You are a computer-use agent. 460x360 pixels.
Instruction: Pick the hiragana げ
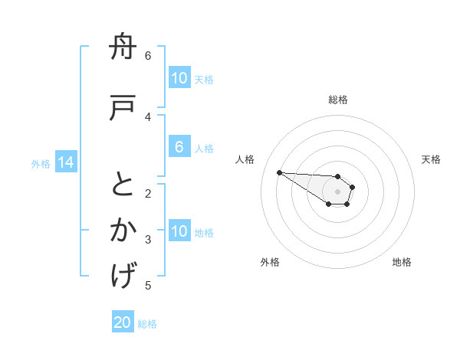point(123,274)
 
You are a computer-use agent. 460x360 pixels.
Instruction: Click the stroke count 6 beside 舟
point(148,56)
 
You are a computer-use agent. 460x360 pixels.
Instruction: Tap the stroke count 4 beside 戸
point(148,116)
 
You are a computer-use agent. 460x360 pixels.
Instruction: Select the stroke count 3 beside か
point(148,240)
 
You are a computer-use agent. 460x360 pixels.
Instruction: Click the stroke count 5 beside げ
point(148,286)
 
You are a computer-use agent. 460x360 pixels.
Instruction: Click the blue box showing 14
point(65,162)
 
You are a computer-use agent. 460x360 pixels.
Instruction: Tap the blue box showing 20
point(123,322)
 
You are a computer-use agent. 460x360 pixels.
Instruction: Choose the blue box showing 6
point(179,147)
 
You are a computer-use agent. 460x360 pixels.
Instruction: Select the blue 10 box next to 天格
point(179,77)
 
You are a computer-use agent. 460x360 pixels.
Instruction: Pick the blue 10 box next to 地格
point(179,231)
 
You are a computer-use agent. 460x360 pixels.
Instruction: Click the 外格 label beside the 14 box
point(41,163)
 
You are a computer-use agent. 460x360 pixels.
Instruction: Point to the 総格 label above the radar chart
point(338,100)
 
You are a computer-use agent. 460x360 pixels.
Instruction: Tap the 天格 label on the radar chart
point(431,159)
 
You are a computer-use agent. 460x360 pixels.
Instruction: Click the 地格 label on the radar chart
point(402,263)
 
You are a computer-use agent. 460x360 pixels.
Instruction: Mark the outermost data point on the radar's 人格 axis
point(279,172)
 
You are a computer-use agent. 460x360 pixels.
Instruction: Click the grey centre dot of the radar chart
point(337,191)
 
